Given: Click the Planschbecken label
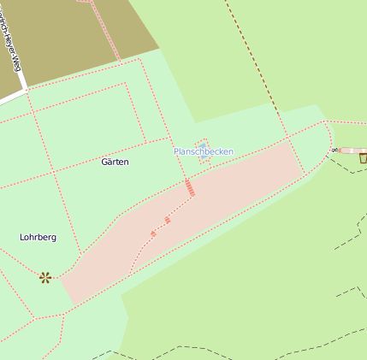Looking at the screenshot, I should point(204,151).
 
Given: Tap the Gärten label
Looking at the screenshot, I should point(115,162).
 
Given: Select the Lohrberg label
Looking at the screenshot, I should point(38,237).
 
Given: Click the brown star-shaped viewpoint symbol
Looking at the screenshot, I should point(45,277).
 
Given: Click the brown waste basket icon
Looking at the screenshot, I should point(363,157).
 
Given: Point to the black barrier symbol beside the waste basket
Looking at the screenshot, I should point(335,150).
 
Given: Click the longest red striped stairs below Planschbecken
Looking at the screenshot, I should point(189,188).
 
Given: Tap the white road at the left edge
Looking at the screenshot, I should point(11,95).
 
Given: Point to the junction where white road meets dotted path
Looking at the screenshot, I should point(27,89).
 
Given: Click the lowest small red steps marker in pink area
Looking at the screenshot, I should point(153,233).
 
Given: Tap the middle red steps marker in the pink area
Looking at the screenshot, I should point(168,221).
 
